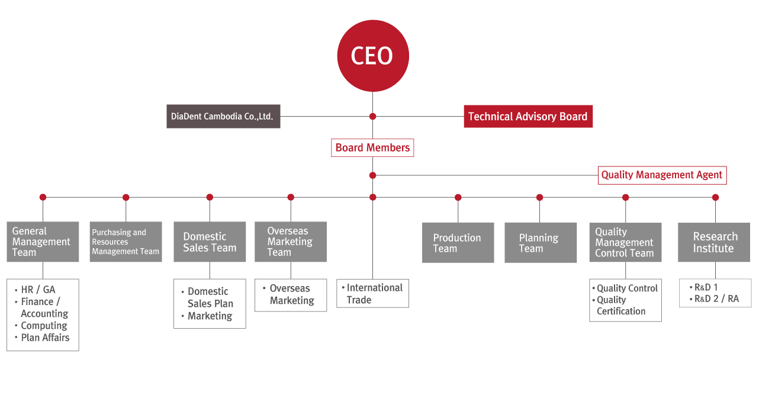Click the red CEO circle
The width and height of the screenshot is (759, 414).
[x=373, y=56]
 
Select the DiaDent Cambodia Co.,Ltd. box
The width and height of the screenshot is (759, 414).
[x=223, y=116]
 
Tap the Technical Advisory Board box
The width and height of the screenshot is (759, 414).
[x=528, y=116]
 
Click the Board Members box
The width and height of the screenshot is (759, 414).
[x=372, y=147]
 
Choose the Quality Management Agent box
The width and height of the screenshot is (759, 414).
[x=662, y=175]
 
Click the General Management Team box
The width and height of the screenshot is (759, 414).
[x=43, y=242]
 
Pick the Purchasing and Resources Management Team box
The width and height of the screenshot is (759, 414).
[x=126, y=242]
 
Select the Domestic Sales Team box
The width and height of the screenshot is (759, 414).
[x=210, y=242]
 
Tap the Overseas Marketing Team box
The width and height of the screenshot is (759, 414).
[x=291, y=242]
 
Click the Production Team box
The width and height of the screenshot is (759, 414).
[x=458, y=243]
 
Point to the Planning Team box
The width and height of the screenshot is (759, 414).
[x=541, y=243]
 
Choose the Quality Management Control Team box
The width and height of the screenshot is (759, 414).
[x=626, y=242]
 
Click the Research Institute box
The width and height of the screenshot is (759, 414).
[x=714, y=242]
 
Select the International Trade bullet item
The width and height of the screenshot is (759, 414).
[x=372, y=294]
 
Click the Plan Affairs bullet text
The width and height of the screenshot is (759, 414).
[x=45, y=338]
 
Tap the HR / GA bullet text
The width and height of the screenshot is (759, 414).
[x=38, y=290]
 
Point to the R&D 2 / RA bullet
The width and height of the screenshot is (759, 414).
[x=714, y=299]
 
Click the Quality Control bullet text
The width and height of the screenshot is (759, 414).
[x=627, y=288]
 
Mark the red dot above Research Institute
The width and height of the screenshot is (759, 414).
[x=715, y=197]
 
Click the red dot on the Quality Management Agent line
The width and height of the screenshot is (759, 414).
[x=373, y=175]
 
